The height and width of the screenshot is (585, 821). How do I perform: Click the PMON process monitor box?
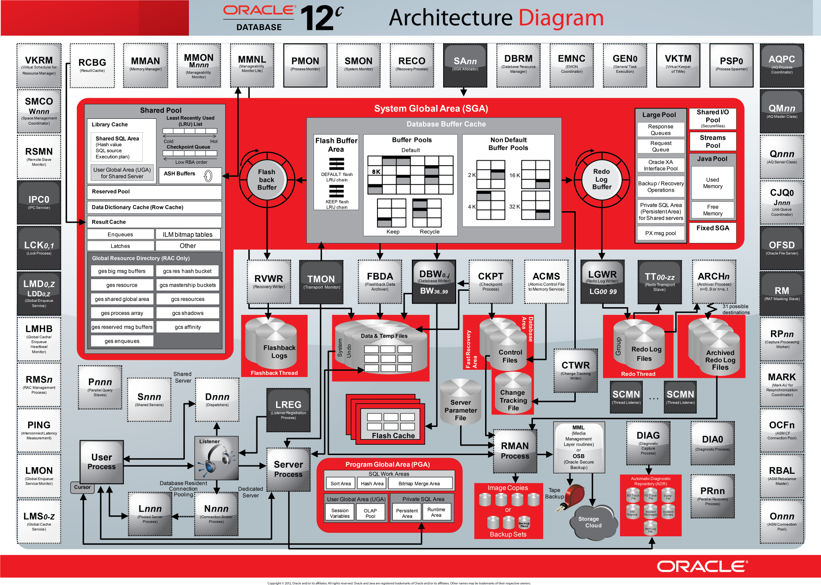(x=305, y=65)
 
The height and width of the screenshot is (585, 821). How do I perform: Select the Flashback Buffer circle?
(x=267, y=180)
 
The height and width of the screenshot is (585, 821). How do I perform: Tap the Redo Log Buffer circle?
(x=601, y=179)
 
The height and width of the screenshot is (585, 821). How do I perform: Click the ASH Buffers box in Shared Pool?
(x=190, y=175)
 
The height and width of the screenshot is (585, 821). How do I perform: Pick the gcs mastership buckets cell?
(x=188, y=285)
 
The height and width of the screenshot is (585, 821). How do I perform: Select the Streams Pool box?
(x=712, y=141)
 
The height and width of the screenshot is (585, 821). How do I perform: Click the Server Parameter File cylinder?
(x=461, y=404)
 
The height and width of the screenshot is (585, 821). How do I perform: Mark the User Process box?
(x=102, y=462)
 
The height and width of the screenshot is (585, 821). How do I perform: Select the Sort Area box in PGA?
(x=340, y=483)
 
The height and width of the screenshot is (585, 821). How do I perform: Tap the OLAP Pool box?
(x=370, y=513)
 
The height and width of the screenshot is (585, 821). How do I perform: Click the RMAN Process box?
(x=515, y=451)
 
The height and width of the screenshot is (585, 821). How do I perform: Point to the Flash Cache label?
(x=393, y=435)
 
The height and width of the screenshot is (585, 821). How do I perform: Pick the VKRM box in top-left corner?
(x=39, y=65)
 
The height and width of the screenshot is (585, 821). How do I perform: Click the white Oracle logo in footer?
(x=702, y=566)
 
